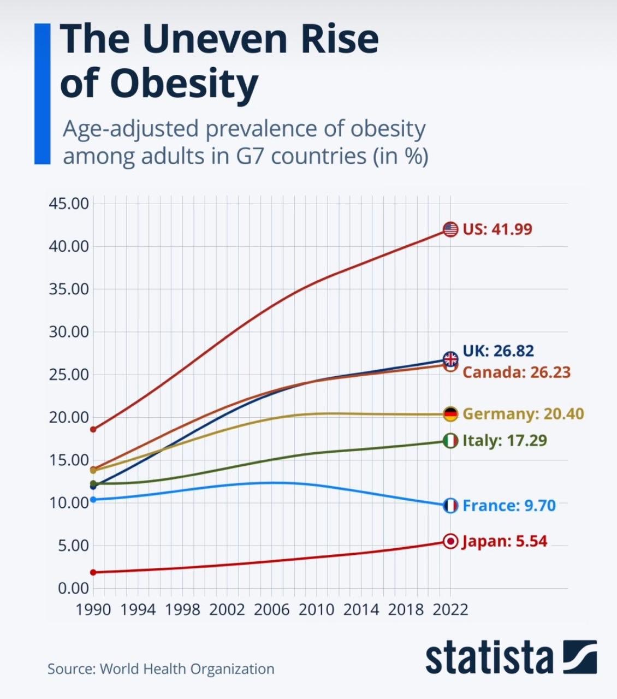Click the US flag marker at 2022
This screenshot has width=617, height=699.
click(x=450, y=229)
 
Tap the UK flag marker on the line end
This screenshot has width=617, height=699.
click(x=450, y=359)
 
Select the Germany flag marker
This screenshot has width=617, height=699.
click(x=450, y=414)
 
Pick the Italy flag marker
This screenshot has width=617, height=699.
click(x=450, y=441)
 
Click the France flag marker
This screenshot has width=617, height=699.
click(x=450, y=506)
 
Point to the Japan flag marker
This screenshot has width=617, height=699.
click(x=450, y=541)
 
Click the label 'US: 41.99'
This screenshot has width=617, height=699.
click(x=497, y=229)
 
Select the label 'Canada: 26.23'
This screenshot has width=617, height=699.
click(x=517, y=372)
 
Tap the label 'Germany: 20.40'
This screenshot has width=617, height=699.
click(x=523, y=414)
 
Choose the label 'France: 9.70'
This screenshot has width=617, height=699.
click(x=509, y=506)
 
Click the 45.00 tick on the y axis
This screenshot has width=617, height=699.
click(x=68, y=204)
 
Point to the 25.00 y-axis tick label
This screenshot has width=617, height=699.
click(x=68, y=375)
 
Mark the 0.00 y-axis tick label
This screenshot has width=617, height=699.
click(x=72, y=588)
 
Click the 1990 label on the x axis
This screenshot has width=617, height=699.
click(x=93, y=609)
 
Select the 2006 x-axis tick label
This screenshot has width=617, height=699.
click(x=271, y=609)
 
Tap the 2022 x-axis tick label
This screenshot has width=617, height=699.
click(x=450, y=609)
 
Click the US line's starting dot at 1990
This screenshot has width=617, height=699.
click(x=93, y=429)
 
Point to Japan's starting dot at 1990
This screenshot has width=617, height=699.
click(x=93, y=572)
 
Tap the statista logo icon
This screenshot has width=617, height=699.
click(x=580, y=657)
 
